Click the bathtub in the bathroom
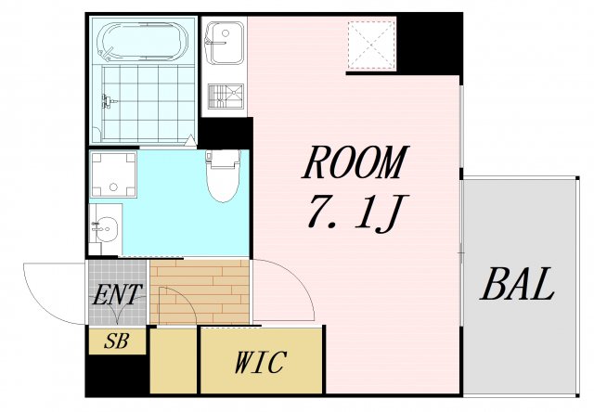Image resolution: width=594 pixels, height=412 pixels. (144, 41)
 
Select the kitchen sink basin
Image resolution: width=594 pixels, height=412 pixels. (224, 38)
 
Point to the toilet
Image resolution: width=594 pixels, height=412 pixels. (223, 177)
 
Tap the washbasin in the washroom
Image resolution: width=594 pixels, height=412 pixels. (107, 227)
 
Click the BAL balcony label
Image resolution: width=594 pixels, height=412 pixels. (516, 286)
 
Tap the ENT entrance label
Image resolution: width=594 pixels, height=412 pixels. (117, 296)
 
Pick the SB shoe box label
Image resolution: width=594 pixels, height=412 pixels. (117, 341)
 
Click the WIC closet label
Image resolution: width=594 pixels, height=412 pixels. (260, 362)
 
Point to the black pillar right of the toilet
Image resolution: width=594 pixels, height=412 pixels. (225, 135)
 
